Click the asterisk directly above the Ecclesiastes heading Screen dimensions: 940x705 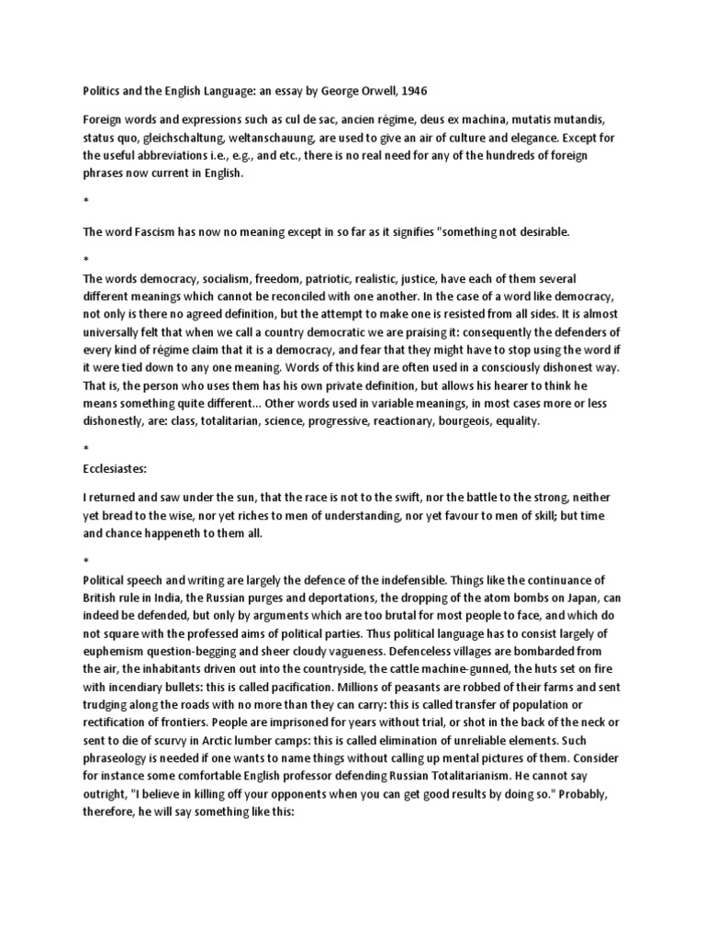click(85, 450)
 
